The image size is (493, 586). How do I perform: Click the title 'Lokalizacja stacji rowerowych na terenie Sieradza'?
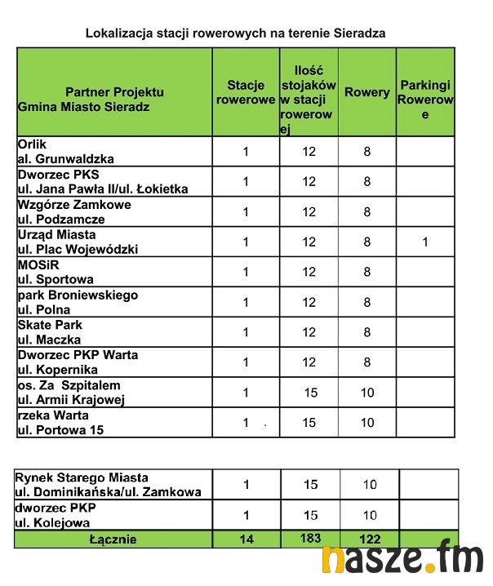[235, 33]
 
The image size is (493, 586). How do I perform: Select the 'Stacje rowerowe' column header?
[246, 92]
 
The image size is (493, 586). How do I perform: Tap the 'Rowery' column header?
[367, 92]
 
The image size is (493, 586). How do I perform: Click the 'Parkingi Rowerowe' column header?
[425, 100]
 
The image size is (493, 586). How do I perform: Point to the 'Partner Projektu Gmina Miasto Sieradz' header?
[114, 100]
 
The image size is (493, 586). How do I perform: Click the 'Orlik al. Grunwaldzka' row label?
[65, 151]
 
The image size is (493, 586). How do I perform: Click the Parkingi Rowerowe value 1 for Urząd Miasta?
[425, 242]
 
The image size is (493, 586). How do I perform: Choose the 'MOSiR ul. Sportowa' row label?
[56, 272]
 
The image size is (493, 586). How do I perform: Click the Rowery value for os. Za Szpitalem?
[367, 393]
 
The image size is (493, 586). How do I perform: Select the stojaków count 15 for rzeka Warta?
[310, 423]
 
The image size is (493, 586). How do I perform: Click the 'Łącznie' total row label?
[114, 539]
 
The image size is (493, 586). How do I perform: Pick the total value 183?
[310, 539]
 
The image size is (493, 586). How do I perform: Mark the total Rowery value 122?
[367, 539]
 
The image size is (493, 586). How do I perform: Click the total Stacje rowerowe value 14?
[246, 539]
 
